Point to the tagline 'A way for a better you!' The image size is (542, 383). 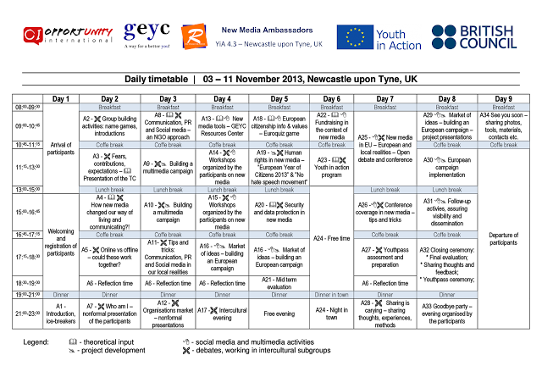click(147, 45)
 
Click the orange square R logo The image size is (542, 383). click(194, 36)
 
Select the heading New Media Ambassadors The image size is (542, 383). click(261, 30)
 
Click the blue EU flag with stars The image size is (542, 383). click(354, 37)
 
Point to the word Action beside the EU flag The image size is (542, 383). click(406, 46)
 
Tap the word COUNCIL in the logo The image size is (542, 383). click(488, 44)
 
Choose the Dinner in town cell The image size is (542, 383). click(331, 295)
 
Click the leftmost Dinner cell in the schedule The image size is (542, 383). click(61, 295)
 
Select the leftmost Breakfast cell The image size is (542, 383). click(110, 107)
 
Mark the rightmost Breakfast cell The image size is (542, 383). click(504, 107)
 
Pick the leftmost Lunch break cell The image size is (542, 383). click(110, 190)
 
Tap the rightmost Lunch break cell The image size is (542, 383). click(447, 190)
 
